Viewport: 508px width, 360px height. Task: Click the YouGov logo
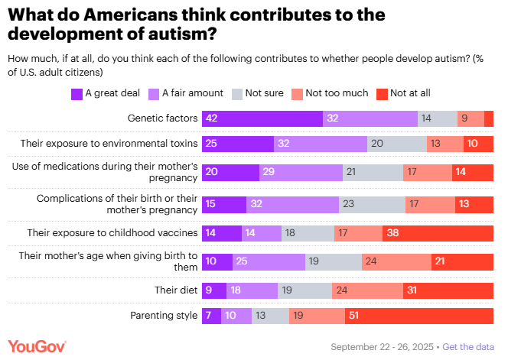coord(37,345)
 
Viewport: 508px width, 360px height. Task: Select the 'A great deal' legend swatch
coord(77,94)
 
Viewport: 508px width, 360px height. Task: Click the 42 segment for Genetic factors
coord(262,118)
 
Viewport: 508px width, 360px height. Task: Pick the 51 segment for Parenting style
coord(420,315)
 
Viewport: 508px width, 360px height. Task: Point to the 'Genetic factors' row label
coord(161,118)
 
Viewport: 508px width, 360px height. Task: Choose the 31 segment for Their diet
coord(448,290)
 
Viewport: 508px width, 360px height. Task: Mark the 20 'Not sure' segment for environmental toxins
coord(396,143)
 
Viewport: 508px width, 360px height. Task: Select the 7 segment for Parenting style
coord(211,315)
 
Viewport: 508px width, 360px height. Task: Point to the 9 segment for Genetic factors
coord(471,118)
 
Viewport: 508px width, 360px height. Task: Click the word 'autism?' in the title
coord(178,34)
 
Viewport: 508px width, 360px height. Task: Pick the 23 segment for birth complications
coord(371,204)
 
